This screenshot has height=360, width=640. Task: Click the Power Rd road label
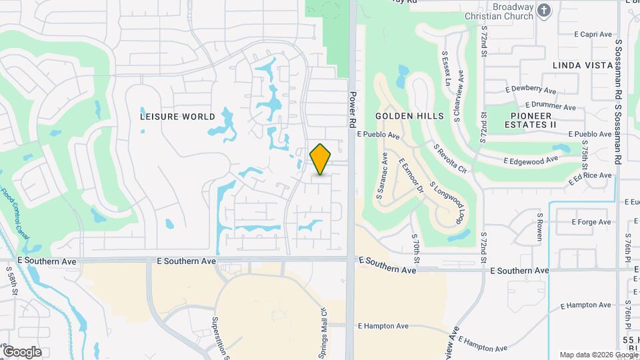(353, 109)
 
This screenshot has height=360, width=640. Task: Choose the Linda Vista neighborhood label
(583, 65)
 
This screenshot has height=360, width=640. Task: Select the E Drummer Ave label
(550, 106)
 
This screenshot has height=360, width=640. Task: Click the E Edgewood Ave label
(530, 161)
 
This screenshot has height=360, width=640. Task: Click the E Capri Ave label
(593, 34)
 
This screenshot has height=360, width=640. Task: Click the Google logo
(22, 351)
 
